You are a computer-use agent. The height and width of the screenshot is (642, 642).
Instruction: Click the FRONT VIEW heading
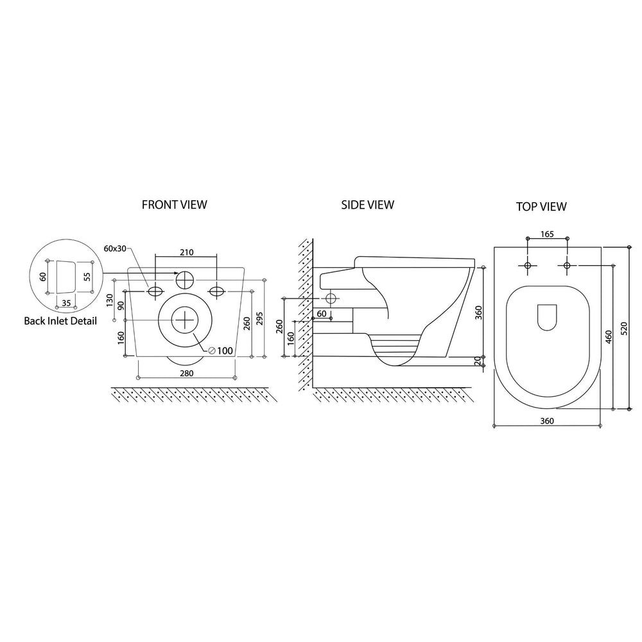pos(175,205)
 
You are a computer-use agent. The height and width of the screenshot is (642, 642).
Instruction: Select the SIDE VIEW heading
pos(368,205)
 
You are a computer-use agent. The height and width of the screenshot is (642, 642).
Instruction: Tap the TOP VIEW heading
pos(541,206)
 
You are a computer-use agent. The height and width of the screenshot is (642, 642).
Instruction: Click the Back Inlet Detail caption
pos(60,320)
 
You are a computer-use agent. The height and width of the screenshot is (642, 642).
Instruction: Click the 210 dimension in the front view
pos(187,252)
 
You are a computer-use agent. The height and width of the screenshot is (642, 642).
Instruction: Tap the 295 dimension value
pos(259,319)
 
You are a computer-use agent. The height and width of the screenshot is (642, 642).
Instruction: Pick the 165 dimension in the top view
pos(546,234)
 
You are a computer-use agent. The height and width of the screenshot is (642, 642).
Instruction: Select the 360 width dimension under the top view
pos(546,421)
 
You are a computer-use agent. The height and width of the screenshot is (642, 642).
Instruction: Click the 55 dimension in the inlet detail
pos(85,277)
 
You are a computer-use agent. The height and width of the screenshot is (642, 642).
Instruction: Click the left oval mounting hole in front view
pos(155,291)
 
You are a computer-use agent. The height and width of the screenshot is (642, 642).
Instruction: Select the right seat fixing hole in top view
pos(566,265)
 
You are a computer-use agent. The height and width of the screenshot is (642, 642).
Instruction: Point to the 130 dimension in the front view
pos(110,300)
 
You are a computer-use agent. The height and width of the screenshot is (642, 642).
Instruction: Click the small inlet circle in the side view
pos(331,299)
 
